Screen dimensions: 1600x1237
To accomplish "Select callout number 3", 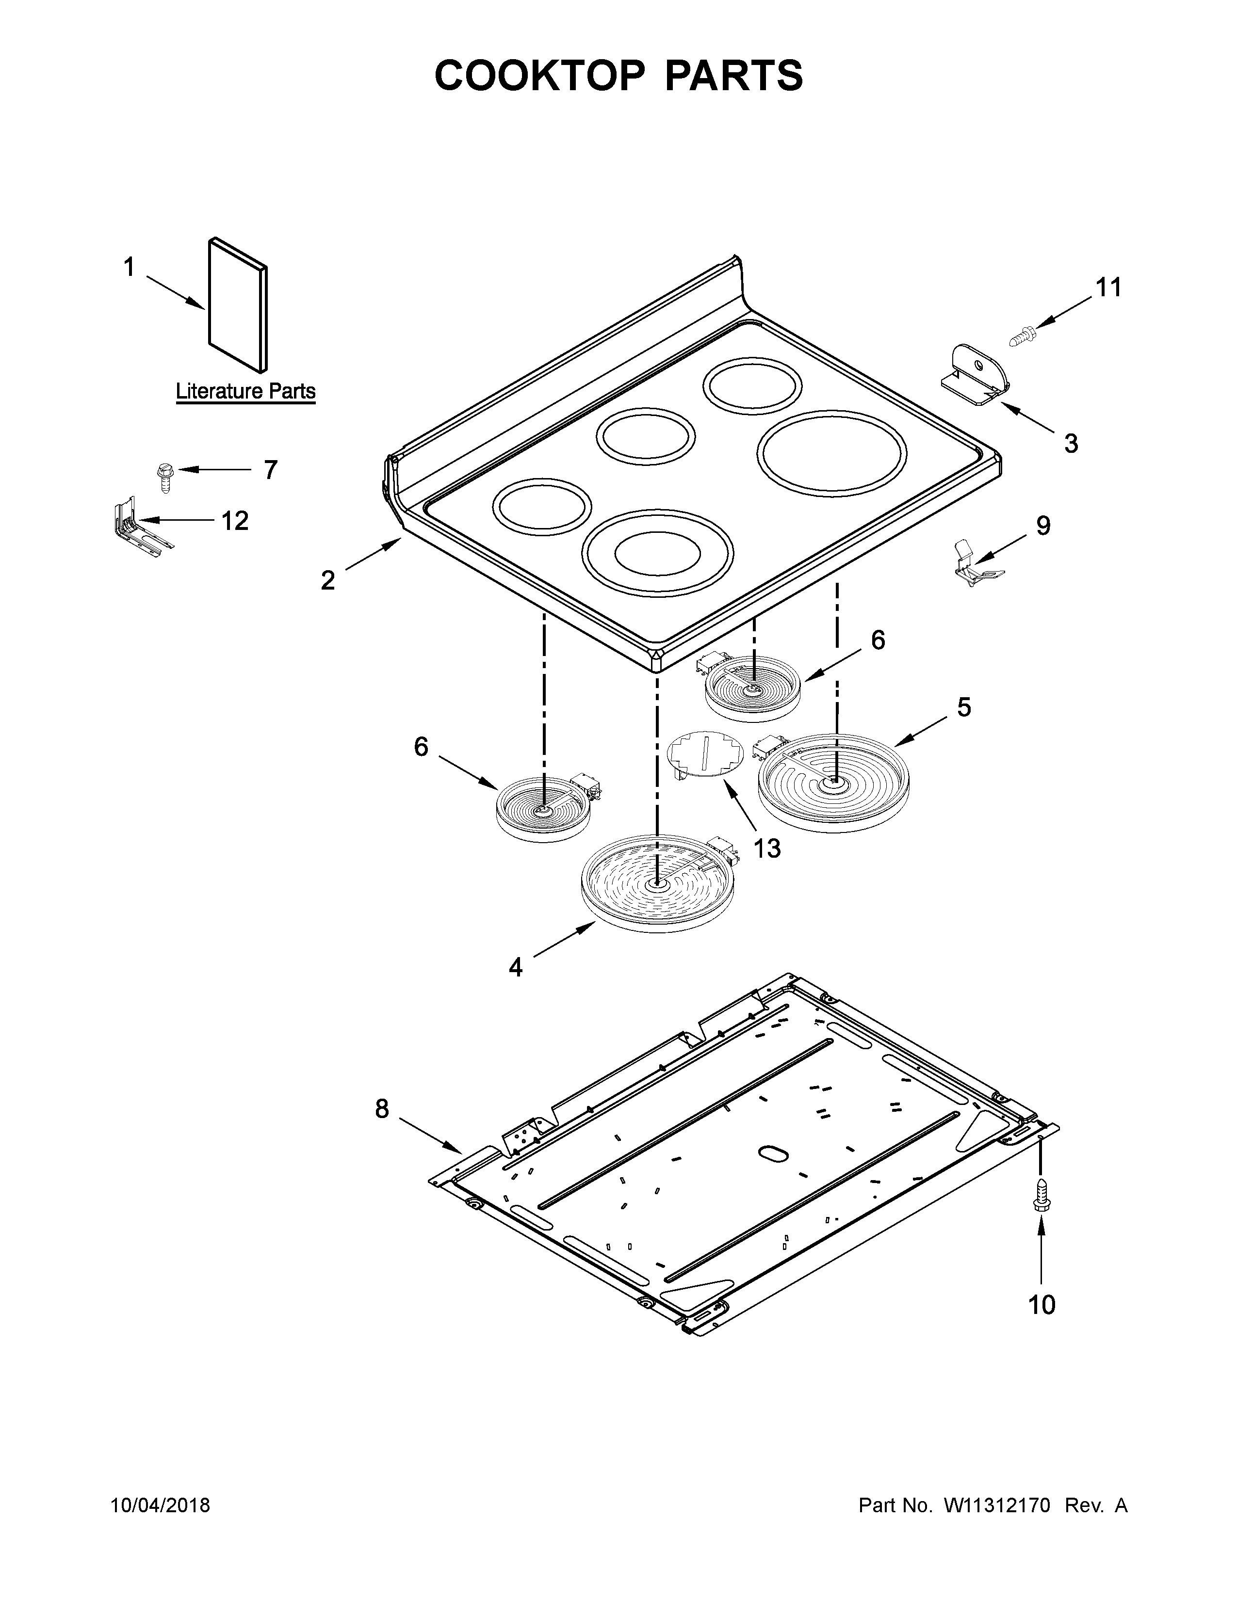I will (1071, 443).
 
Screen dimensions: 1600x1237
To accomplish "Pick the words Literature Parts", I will (245, 391).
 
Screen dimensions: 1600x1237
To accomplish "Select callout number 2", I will (327, 580).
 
